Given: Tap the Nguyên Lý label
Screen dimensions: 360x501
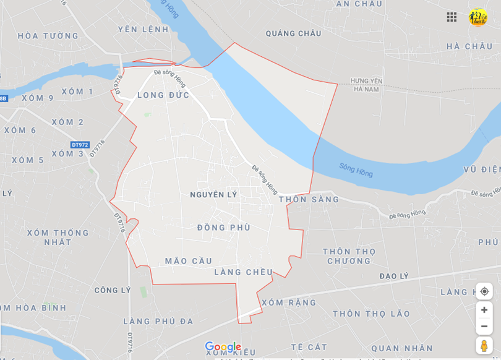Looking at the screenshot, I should coord(213,195).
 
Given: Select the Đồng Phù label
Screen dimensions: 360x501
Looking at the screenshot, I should coord(224,228).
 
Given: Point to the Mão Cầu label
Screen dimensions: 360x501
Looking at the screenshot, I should coord(188,261).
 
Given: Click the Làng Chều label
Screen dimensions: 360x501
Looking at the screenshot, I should coord(243,272).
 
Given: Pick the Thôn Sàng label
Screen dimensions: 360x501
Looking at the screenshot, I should coord(309,199).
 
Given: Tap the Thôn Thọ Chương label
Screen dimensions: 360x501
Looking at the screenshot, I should coord(349,256).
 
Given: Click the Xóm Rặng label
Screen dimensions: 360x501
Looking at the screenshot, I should coord(288,302).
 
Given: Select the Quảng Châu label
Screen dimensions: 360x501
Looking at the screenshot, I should coord(293,33).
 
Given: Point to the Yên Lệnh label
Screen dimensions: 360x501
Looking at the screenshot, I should coord(143,29).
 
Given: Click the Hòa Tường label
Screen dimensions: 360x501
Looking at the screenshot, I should coord(48,36).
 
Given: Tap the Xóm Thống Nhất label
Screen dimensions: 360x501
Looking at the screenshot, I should coord(58,238).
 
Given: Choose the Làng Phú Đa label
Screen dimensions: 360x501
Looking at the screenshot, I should coord(158,321).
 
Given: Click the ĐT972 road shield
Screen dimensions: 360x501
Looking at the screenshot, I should coord(79,144).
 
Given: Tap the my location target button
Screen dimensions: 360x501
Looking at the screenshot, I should coord(484,291).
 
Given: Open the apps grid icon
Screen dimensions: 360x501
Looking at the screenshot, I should coord(452,17).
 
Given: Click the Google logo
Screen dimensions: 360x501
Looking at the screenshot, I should coord(223,347).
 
